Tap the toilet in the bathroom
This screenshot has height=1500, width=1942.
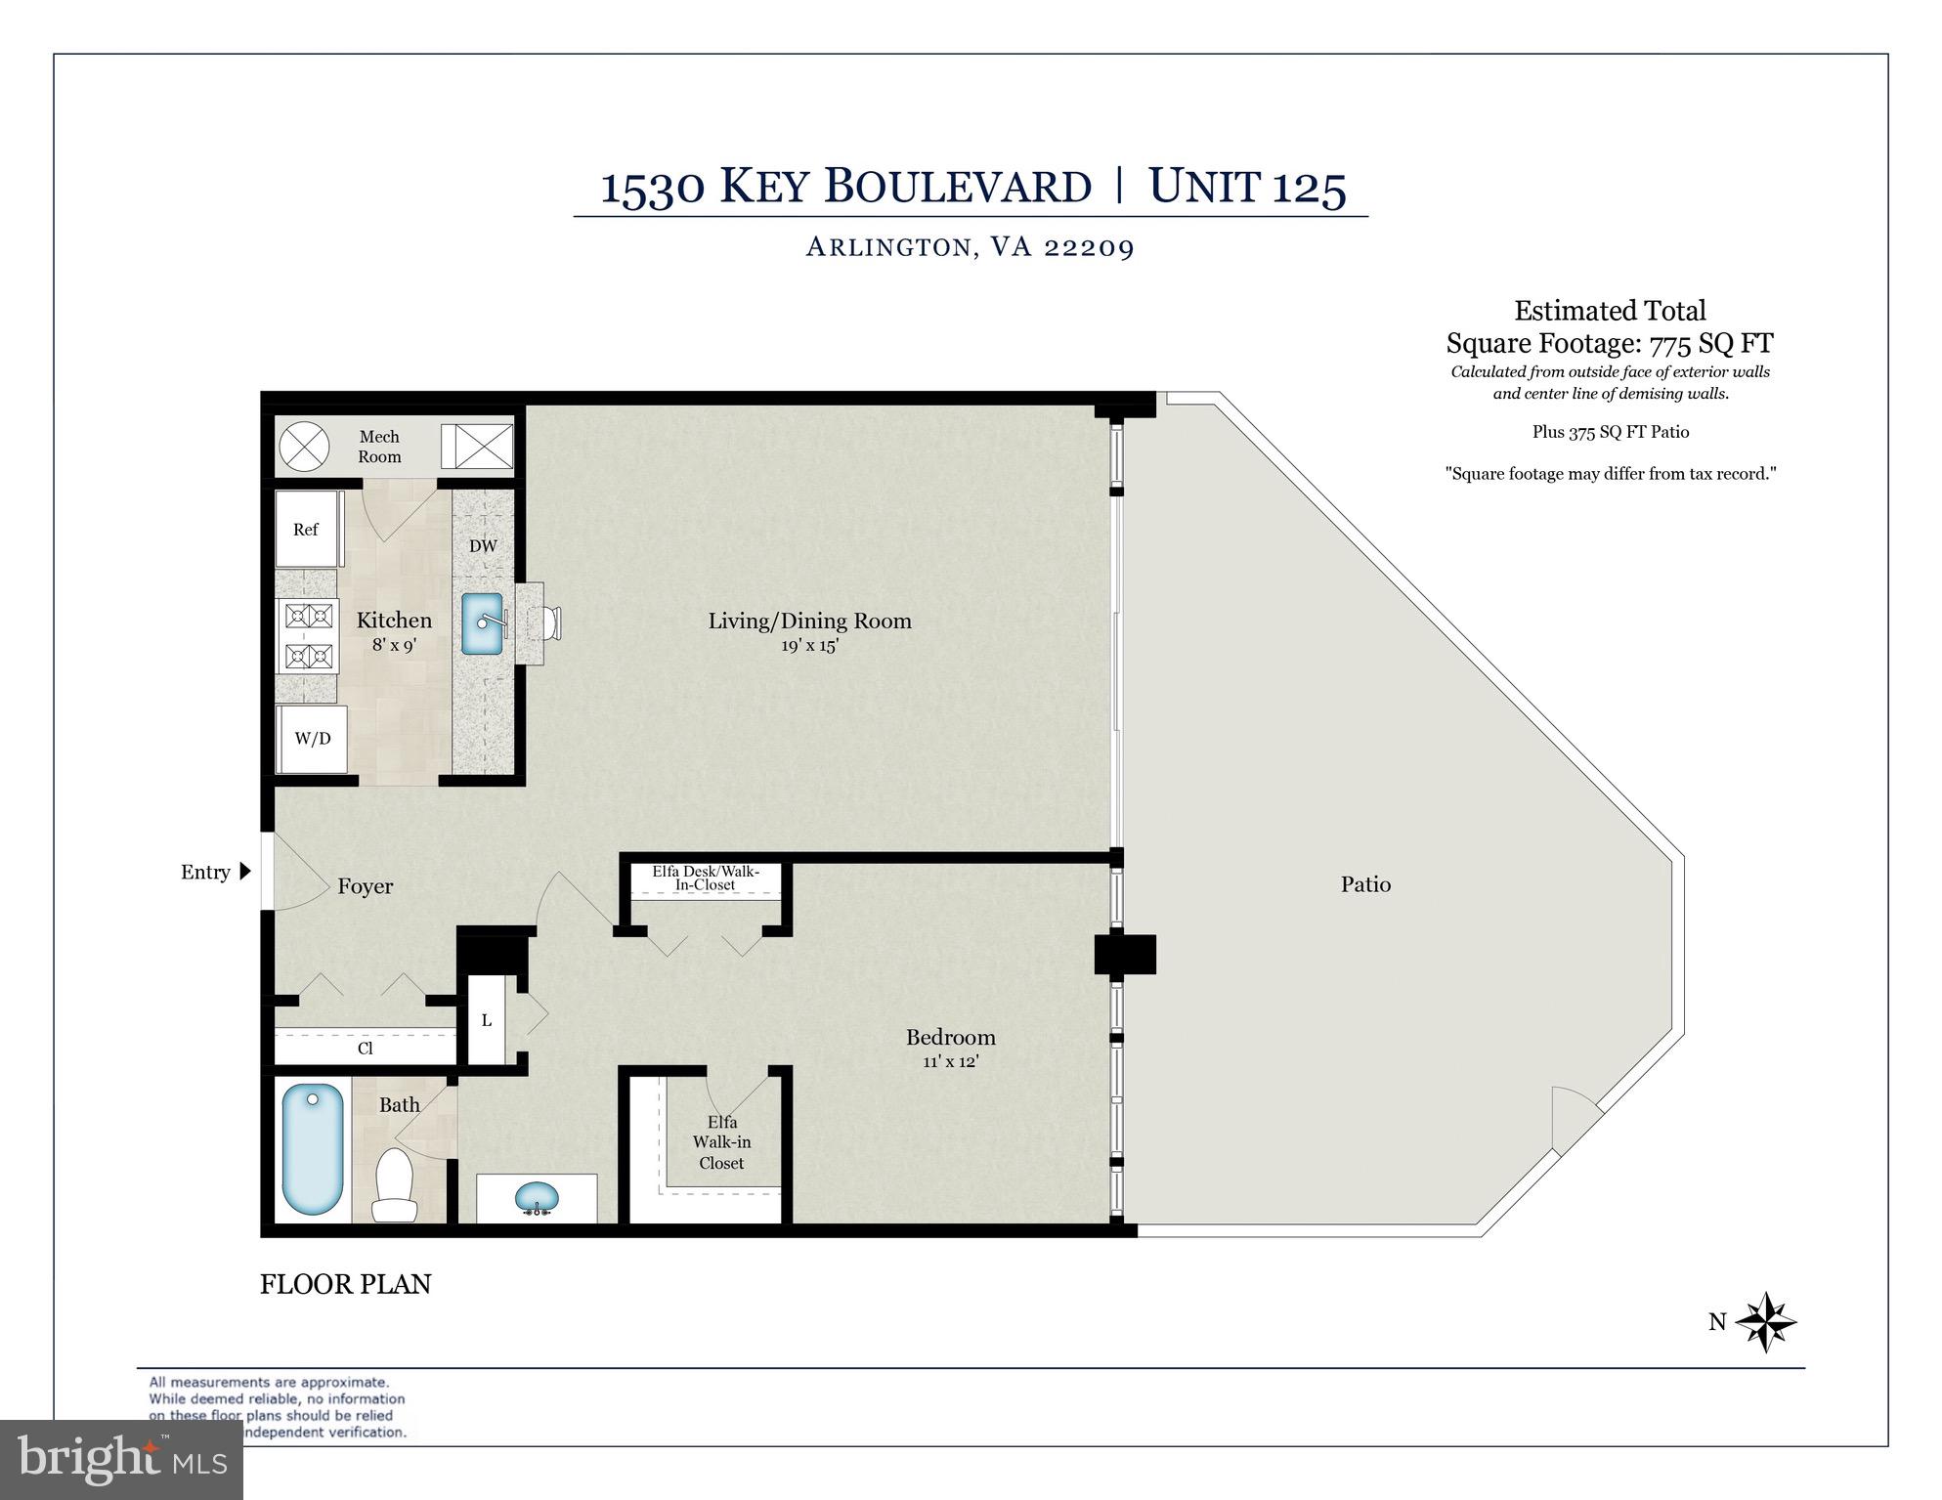pyautogui.click(x=395, y=1184)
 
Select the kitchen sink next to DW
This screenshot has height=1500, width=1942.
pyautogui.click(x=483, y=624)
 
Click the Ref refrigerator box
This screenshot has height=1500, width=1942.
pyautogui.click(x=306, y=530)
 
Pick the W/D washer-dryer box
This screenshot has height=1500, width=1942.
pyautogui.click(x=313, y=739)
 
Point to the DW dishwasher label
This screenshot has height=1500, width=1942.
pyautogui.click(x=483, y=546)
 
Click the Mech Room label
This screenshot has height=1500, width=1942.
pyautogui.click(x=379, y=447)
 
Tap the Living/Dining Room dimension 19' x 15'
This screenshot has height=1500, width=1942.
pyautogui.click(x=808, y=646)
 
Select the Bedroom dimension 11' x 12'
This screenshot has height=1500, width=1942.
pyautogui.click(x=950, y=1062)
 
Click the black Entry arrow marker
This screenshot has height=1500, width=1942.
pyautogui.click(x=245, y=871)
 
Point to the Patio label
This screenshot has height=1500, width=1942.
pyautogui.click(x=1365, y=884)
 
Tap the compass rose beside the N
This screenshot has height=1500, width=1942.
pyautogui.click(x=1766, y=1322)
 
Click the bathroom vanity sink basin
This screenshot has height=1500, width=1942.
pyautogui.click(x=537, y=1197)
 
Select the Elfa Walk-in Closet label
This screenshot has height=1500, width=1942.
pyautogui.click(x=721, y=1142)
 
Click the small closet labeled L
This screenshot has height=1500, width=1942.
pyautogui.click(x=486, y=1020)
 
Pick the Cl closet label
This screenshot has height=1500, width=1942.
pyautogui.click(x=365, y=1049)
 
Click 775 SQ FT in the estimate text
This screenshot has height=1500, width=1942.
pyautogui.click(x=1710, y=344)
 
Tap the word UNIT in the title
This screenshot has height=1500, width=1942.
pyautogui.click(x=1203, y=186)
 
